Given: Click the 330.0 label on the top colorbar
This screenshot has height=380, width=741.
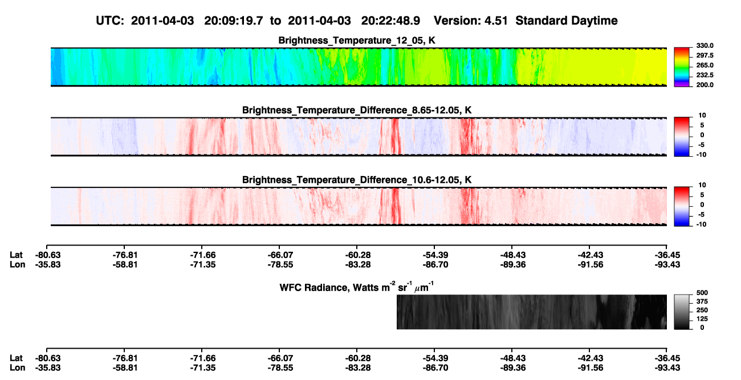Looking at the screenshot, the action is [705, 46].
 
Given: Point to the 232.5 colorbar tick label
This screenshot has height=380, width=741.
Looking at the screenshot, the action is [705, 75].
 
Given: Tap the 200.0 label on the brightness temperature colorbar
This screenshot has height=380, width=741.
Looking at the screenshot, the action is [705, 85].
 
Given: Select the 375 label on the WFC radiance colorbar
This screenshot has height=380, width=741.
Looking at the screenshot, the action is [702, 301].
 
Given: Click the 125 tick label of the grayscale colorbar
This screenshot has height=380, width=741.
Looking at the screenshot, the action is [702, 319].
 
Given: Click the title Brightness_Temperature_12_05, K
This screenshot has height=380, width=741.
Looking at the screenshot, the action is [357, 40].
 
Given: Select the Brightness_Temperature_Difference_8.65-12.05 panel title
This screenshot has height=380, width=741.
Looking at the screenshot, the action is [357, 110].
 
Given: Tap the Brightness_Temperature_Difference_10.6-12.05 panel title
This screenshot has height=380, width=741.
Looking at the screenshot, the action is [357, 180].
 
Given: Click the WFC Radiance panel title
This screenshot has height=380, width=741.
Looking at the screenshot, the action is [357, 287].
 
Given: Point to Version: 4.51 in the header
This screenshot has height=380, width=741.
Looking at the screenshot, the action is [471, 21].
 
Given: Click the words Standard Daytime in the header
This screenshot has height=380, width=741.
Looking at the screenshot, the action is [567, 21].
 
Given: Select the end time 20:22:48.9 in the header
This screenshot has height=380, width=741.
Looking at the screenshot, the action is [390, 21].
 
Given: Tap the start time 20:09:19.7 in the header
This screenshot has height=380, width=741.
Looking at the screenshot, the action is [234, 21].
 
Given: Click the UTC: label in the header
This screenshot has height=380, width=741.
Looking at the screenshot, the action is [110, 21].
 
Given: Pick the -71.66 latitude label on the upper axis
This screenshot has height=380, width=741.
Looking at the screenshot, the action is [202, 255].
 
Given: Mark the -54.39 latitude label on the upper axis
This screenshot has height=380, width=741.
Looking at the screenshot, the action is [435, 255].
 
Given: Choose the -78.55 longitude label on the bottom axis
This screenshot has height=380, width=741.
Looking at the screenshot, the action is [280, 368].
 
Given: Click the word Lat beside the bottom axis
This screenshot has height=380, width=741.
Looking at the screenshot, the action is [16, 358].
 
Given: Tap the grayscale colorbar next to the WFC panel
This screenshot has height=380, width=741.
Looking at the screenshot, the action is [682, 312].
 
